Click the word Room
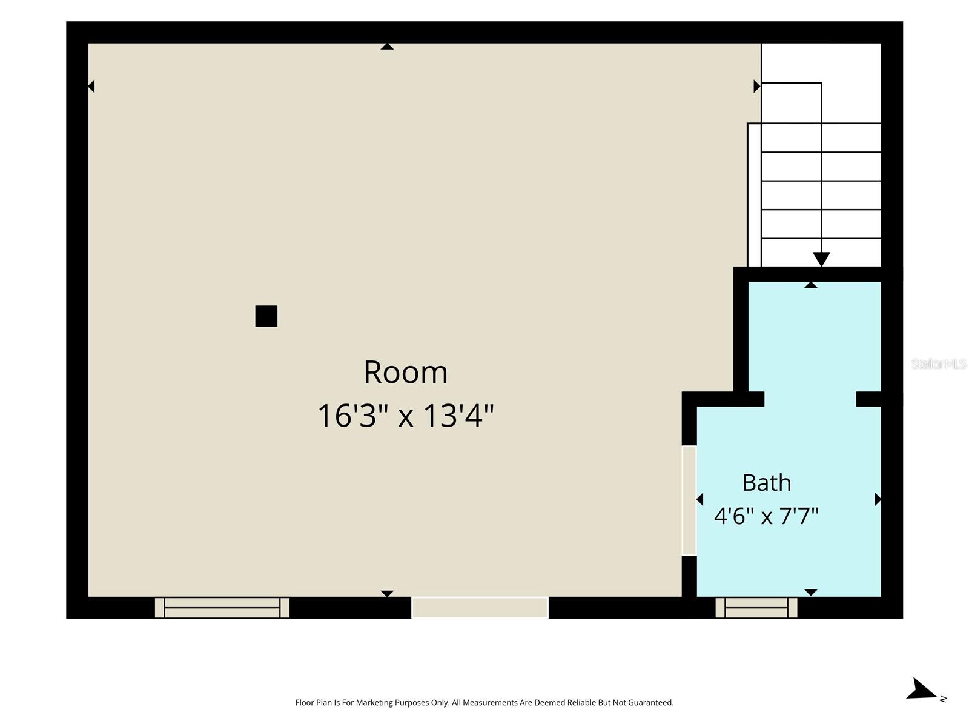(x=405, y=372)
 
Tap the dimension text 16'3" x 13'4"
(x=405, y=416)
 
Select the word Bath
(x=766, y=482)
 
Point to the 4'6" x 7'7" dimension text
(x=766, y=516)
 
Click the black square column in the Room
(x=266, y=316)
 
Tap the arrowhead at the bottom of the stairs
(x=821, y=259)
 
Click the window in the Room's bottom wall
(x=222, y=608)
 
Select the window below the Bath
(x=756, y=608)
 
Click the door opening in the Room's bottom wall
(x=480, y=608)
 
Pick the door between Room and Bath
(x=689, y=500)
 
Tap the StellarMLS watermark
(x=939, y=363)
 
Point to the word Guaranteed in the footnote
(x=650, y=702)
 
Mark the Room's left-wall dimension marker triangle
(x=91, y=87)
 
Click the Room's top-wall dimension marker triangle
(x=387, y=47)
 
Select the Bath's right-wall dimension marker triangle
(x=878, y=499)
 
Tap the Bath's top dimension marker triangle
(x=810, y=285)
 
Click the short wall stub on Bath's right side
(x=868, y=399)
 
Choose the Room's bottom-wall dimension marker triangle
(x=387, y=594)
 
